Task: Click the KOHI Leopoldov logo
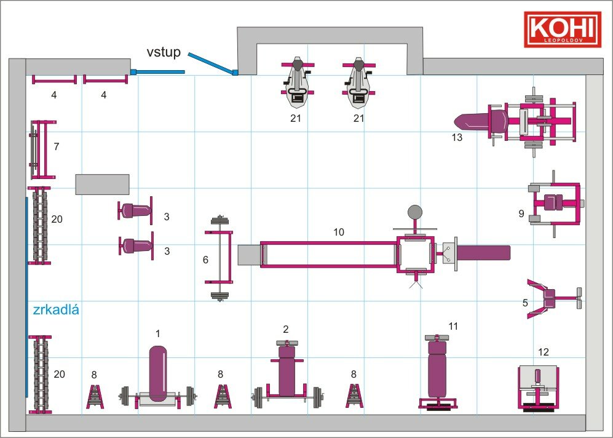click(x=563, y=30)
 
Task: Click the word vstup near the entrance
click(x=164, y=52)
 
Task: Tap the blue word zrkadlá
click(x=56, y=309)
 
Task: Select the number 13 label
click(x=457, y=137)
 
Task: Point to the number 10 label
click(x=339, y=232)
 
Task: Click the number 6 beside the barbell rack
click(x=205, y=260)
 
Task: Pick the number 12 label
click(x=544, y=352)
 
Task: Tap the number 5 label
click(x=525, y=303)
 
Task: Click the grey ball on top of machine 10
click(x=415, y=212)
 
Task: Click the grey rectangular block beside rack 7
click(x=103, y=184)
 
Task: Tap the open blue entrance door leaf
click(x=212, y=63)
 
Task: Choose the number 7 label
click(x=57, y=146)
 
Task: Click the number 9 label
click(x=521, y=213)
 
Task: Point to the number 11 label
click(x=453, y=326)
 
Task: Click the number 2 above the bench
click(x=286, y=329)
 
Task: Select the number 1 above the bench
click(x=158, y=333)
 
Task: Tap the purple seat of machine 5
click(x=549, y=298)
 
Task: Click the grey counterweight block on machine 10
click(x=249, y=255)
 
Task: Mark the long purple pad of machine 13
click(x=471, y=121)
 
